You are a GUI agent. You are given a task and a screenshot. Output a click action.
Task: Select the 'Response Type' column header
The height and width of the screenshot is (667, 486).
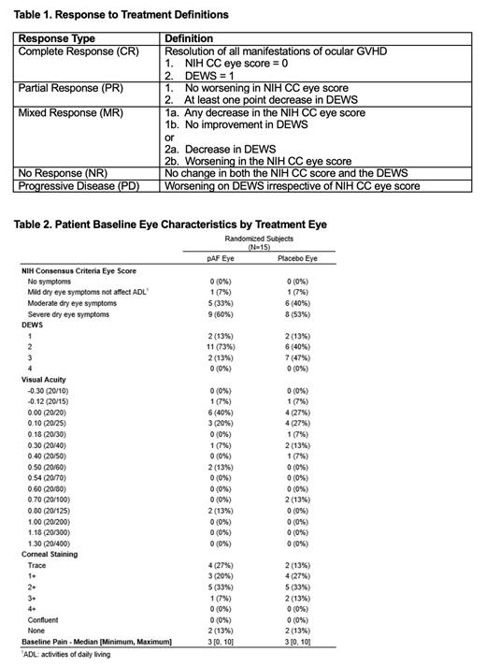tap(56, 38)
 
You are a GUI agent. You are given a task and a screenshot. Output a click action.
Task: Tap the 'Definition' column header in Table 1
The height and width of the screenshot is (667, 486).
tap(188, 38)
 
